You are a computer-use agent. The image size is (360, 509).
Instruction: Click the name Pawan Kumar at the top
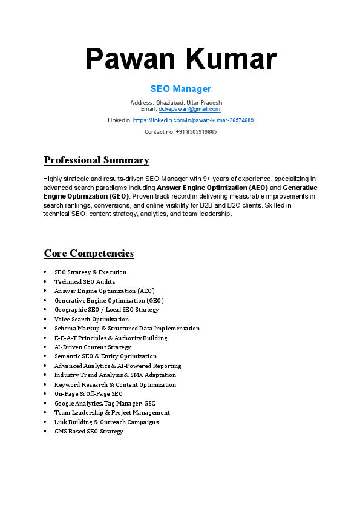pyautogui.click(x=180, y=59)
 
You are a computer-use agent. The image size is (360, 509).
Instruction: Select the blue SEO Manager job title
pyautogui.click(x=180, y=89)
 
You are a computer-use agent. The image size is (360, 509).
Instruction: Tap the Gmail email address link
pyautogui.click(x=189, y=109)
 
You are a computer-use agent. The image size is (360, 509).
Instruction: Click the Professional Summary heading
pyautogui.click(x=96, y=160)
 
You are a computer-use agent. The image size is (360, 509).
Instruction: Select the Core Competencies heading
pyautogui.click(x=88, y=253)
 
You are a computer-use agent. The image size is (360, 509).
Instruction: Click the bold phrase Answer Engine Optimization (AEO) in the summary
pyautogui.click(x=212, y=188)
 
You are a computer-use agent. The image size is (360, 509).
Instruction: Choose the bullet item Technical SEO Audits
pyautogui.click(x=84, y=281)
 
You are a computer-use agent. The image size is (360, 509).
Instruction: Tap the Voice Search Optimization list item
pyautogui.click(x=91, y=319)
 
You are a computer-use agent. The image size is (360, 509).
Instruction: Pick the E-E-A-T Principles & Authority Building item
pyautogui.click(x=110, y=338)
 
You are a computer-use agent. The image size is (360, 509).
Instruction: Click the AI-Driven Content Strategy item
pyautogui.click(x=93, y=347)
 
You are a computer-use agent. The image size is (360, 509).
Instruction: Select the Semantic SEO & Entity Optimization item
pyautogui.click(x=105, y=356)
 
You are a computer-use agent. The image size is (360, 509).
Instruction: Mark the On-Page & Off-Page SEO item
pyautogui.click(x=88, y=394)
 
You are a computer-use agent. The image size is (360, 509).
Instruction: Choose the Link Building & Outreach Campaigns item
pyautogui.click(x=106, y=422)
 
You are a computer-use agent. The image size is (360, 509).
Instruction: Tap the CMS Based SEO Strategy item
pyautogui.click(x=88, y=432)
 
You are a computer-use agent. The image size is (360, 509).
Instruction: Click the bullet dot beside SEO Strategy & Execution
pyautogui.click(x=45, y=272)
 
